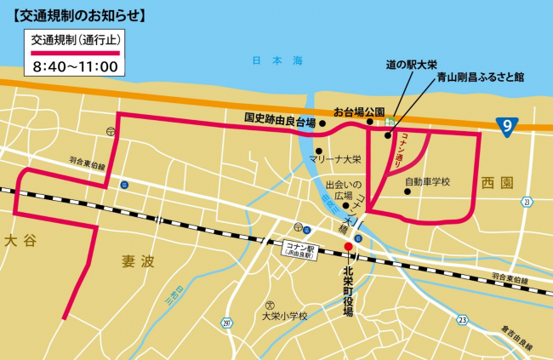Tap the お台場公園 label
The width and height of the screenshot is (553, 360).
point(360,111)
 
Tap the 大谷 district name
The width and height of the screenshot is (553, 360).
point(20,241)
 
